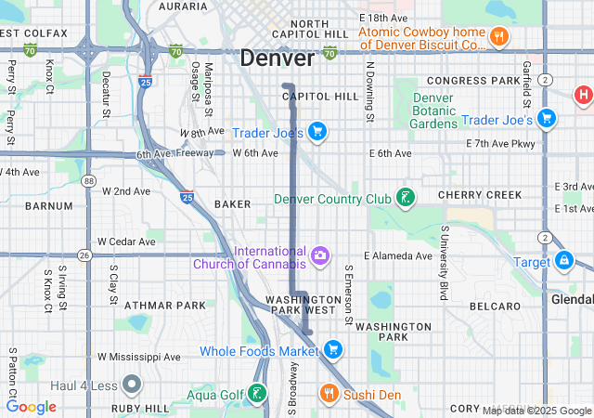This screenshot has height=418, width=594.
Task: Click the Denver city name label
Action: tap(277, 58)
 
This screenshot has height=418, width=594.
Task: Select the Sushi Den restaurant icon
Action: tap(328, 394)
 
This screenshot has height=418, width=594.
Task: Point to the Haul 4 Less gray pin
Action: tap(131, 384)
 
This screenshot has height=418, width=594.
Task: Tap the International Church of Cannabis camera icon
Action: tap(320, 255)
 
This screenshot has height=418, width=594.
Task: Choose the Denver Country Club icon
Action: tap(404, 197)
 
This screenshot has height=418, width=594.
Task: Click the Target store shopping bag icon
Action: tap(563, 261)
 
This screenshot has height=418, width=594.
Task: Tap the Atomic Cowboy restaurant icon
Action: tap(498, 37)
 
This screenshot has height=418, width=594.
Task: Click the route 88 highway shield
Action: tap(87, 181)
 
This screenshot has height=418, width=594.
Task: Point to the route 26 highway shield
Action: tap(84, 255)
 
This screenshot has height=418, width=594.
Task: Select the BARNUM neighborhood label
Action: tap(48, 205)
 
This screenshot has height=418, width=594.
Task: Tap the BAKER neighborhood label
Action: tap(232, 202)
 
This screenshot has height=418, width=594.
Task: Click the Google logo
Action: tap(31, 407)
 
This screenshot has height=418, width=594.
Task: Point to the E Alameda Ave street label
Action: tap(398, 255)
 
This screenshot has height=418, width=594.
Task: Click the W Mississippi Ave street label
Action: tap(139, 357)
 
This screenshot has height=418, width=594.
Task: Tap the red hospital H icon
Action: tap(583, 94)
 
